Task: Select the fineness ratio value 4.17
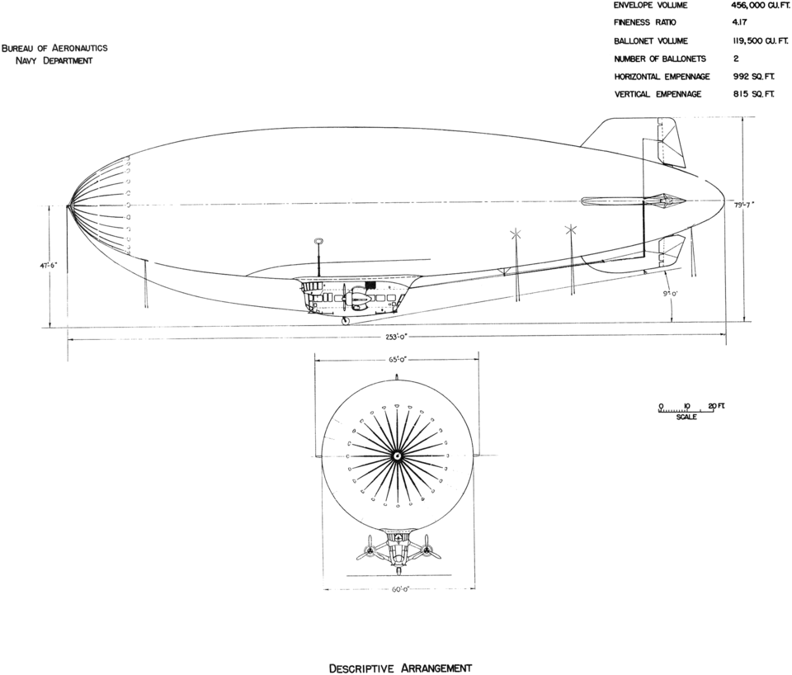pyautogui.click(x=741, y=23)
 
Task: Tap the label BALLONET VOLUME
pyautogui.click(x=643, y=41)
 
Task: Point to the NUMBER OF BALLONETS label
pyautogui.click(x=660, y=59)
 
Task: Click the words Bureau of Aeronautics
pyautogui.click(x=54, y=49)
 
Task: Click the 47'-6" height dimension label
pyautogui.click(x=49, y=263)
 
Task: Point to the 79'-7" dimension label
pyautogui.click(x=742, y=204)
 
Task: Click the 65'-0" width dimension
pyautogui.click(x=397, y=360)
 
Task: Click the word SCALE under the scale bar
pyautogui.click(x=686, y=417)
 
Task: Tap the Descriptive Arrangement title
pyautogui.click(x=400, y=668)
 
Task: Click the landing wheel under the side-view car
pyautogui.click(x=346, y=321)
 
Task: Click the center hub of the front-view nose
pyautogui.click(x=397, y=456)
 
